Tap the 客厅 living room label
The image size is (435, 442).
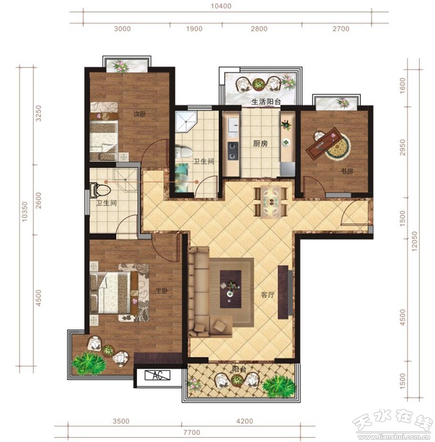[267, 295]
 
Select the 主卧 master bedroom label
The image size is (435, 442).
[162, 291]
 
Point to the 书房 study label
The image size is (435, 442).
[347, 171]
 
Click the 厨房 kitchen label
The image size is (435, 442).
[260, 144]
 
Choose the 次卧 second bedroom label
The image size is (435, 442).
[140, 114]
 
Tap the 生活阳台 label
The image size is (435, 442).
[266, 102]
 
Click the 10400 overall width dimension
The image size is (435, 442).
[221, 6]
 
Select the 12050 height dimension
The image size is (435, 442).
[414, 242]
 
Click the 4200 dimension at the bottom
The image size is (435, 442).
[245, 421]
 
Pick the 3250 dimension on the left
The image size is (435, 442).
[38, 113]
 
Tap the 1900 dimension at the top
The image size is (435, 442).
[194, 29]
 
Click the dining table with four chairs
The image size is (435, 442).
[271, 201]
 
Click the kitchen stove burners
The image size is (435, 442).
[233, 151]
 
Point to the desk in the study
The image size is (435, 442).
[323, 143]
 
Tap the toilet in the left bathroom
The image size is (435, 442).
[100, 189]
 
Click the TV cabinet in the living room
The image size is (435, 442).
[283, 292]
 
